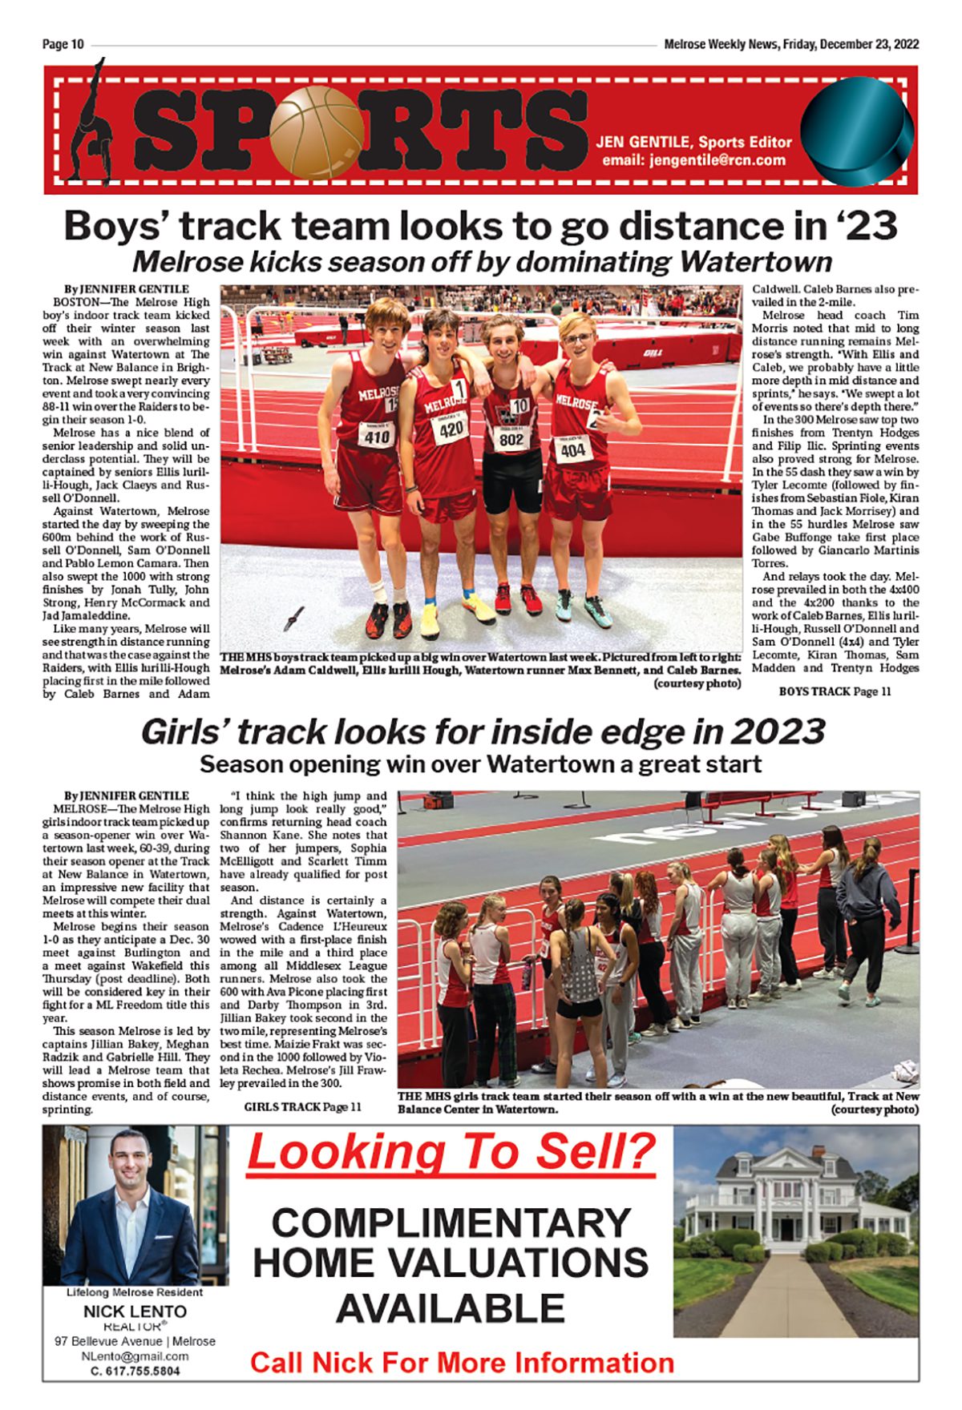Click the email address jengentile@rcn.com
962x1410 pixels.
(x=693, y=160)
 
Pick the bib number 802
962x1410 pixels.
(x=511, y=439)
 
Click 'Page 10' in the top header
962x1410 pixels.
(x=63, y=45)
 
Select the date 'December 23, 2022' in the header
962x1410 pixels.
(x=868, y=45)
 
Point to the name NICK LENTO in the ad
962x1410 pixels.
(x=135, y=1311)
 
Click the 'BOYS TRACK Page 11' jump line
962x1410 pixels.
(x=834, y=691)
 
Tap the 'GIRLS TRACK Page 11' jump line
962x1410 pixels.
(x=302, y=1106)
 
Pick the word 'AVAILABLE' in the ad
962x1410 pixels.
(x=451, y=1308)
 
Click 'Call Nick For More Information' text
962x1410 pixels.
(x=462, y=1363)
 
